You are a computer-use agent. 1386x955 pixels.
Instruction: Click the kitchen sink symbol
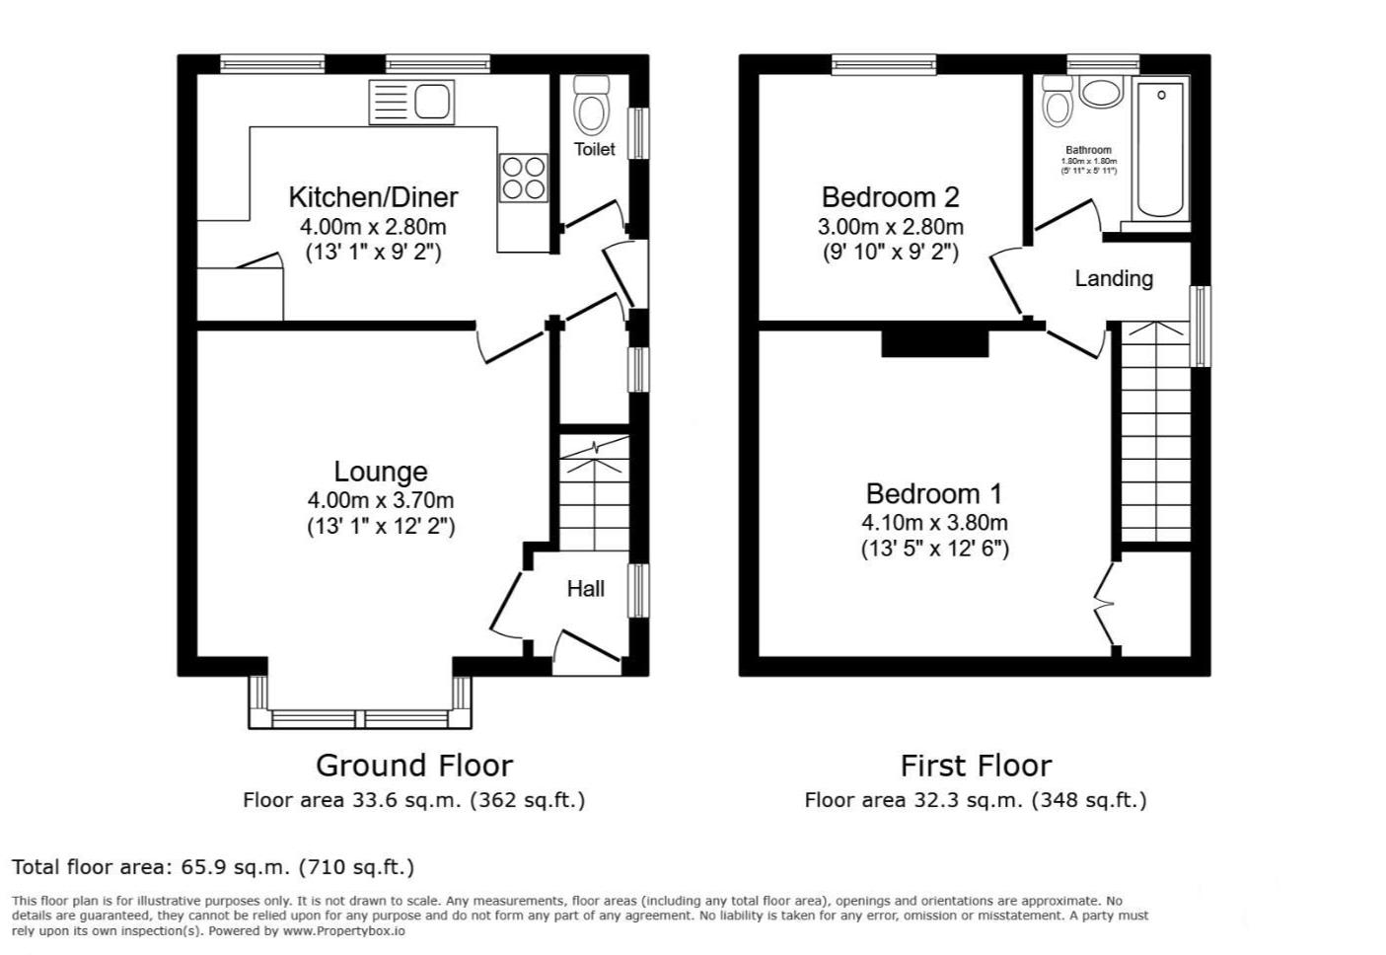point(411,102)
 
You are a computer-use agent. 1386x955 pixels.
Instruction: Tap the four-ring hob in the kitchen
point(524,178)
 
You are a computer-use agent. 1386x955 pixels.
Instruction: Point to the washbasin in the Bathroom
point(1099,94)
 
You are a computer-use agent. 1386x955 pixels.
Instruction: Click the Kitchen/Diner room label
point(373,196)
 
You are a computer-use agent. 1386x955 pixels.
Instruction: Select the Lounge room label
point(380,472)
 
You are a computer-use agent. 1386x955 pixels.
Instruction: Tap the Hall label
point(585,589)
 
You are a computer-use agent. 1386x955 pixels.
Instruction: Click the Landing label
point(1113,278)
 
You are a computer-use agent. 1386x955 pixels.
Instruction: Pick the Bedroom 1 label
point(934,493)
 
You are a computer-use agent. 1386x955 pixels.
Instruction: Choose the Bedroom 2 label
point(890,197)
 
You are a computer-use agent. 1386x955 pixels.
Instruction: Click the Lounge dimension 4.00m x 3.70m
point(380,500)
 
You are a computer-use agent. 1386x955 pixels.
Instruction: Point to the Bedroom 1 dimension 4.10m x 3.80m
point(934,523)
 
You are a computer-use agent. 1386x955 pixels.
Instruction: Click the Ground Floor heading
point(413,765)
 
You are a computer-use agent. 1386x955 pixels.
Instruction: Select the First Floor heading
point(976,765)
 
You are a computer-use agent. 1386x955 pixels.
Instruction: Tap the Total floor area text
point(213,867)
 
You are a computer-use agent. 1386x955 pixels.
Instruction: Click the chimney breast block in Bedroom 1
point(934,342)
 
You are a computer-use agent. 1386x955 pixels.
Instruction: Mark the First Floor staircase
point(1153,434)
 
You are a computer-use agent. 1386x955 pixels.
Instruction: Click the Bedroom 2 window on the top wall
point(883,65)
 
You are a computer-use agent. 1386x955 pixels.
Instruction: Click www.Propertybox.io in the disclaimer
point(343,930)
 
